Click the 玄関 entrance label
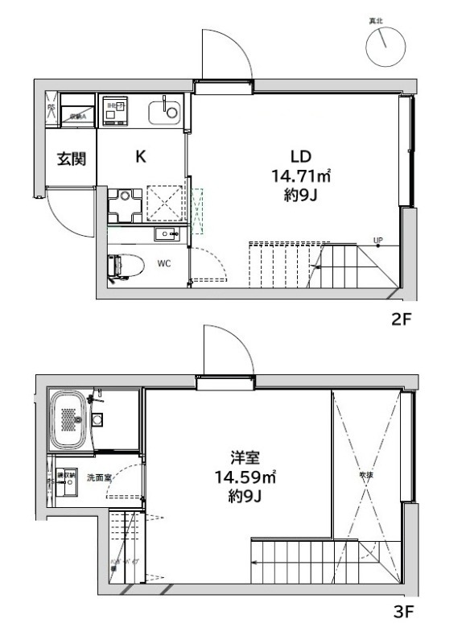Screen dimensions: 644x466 pos(71,159)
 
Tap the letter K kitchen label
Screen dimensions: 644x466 pos(140,157)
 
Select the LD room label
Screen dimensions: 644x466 pos(300,157)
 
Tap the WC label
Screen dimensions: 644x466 pos(163,263)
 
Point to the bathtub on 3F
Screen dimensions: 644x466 pos(70,420)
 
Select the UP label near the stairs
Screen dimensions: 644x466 pos(377,238)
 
